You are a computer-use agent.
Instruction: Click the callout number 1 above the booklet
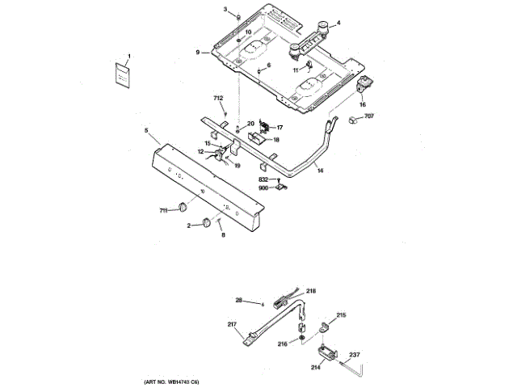pyautogui.click(x=128, y=55)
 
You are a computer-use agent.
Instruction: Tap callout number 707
pyautogui.click(x=369, y=118)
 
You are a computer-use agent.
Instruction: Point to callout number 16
pyautogui.click(x=362, y=104)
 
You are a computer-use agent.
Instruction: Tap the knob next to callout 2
pyautogui.click(x=208, y=221)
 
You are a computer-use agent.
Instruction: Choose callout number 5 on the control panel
pyautogui.click(x=146, y=129)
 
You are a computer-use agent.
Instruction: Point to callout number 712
pyautogui.click(x=218, y=98)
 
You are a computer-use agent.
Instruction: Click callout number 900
pyautogui.click(x=263, y=188)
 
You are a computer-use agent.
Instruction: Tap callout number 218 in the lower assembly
pyautogui.click(x=311, y=290)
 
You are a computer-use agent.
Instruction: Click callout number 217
pyautogui.click(x=232, y=325)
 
